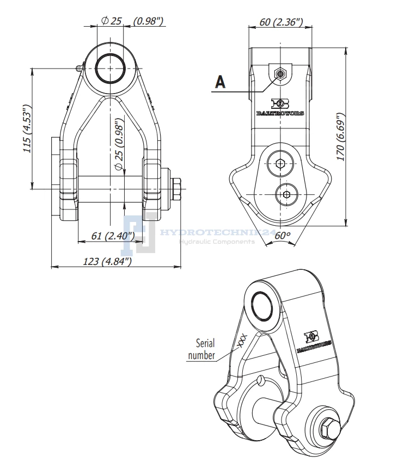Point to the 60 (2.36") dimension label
pyautogui.click(x=277, y=22)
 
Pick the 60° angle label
pyautogui.click(x=283, y=236)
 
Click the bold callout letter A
pyautogui.click(x=220, y=82)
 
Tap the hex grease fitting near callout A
pyautogui.click(x=280, y=73)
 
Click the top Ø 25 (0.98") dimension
pyautogui.click(x=133, y=21)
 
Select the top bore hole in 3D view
pyautogui.click(x=262, y=305)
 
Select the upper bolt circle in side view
pyautogui.click(x=280, y=163)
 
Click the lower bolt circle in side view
pyautogui.click(x=286, y=194)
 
